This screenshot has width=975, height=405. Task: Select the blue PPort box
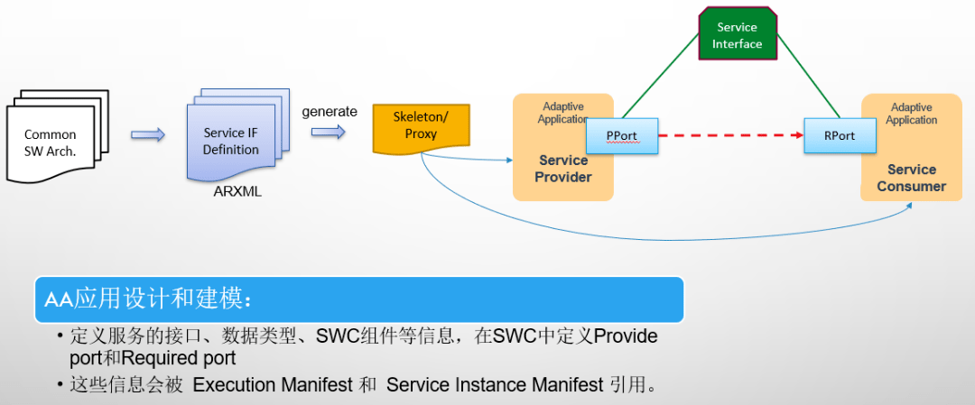[622, 135]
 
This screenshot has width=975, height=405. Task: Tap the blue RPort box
[840, 135]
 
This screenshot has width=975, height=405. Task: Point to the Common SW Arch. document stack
[58, 137]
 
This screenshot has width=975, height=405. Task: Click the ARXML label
[237, 192]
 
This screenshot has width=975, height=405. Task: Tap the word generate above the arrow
[330, 112]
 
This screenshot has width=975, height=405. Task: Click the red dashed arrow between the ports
[730, 134]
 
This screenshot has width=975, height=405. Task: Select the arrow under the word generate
[329, 132]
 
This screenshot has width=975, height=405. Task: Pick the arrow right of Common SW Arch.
[148, 134]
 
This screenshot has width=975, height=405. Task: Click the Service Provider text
[564, 169]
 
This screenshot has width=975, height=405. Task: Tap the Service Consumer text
[912, 178]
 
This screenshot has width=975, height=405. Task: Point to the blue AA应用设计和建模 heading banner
[359, 300]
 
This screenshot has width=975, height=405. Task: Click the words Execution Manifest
[273, 385]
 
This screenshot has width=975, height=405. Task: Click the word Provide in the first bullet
[627, 336]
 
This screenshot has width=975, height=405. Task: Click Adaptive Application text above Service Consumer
[912, 114]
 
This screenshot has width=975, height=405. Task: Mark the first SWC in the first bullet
[337, 336]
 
